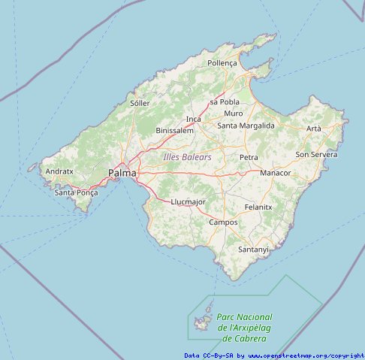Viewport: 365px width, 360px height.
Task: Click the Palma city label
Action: pos(122,173)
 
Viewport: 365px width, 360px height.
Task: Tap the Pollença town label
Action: pos(222,64)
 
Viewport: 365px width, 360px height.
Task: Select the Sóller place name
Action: pos(140,103)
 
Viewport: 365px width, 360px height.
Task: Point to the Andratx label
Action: pos(59,171)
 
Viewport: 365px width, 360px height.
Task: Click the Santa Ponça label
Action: pos(77,192)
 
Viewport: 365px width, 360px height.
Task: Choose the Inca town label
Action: pos(194,119)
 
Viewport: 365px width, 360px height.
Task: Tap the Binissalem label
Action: pos(174,130)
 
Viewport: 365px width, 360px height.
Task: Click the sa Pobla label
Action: pos(225,101)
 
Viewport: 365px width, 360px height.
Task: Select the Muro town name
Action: pos(234,113)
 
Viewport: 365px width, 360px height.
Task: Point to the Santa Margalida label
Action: pos(246,126)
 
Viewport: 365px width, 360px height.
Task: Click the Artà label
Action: pos(313,129)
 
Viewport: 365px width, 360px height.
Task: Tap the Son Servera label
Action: pos(316,154)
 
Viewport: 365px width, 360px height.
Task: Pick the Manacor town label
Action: pos(275,172)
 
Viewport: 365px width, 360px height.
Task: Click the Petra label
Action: pos(249,157)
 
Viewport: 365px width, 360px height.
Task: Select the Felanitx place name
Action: pos(258,207)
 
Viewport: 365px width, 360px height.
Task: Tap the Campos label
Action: pos(223,222)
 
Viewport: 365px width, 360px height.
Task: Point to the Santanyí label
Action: pos(253,249)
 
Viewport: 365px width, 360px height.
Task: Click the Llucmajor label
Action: pos(188,202)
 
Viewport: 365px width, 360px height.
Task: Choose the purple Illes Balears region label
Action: pos(187,157)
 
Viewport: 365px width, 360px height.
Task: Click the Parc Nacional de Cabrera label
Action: pos(244,328)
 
